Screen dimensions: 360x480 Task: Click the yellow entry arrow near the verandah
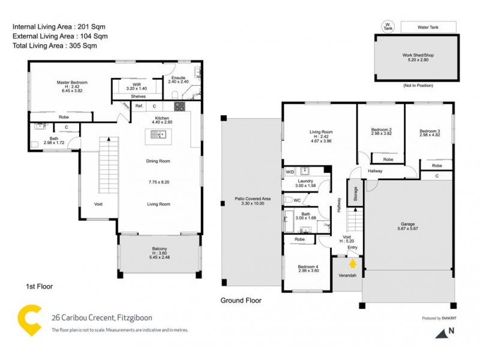[x=353, y=262]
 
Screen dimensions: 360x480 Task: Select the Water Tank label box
[x=428, y=27]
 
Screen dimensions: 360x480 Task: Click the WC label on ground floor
[x=296, y=200]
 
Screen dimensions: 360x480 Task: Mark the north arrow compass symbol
[x=443, y=331]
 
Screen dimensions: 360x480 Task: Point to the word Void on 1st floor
[x=98, y=204]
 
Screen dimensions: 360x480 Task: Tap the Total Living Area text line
[x=55, y=45]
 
